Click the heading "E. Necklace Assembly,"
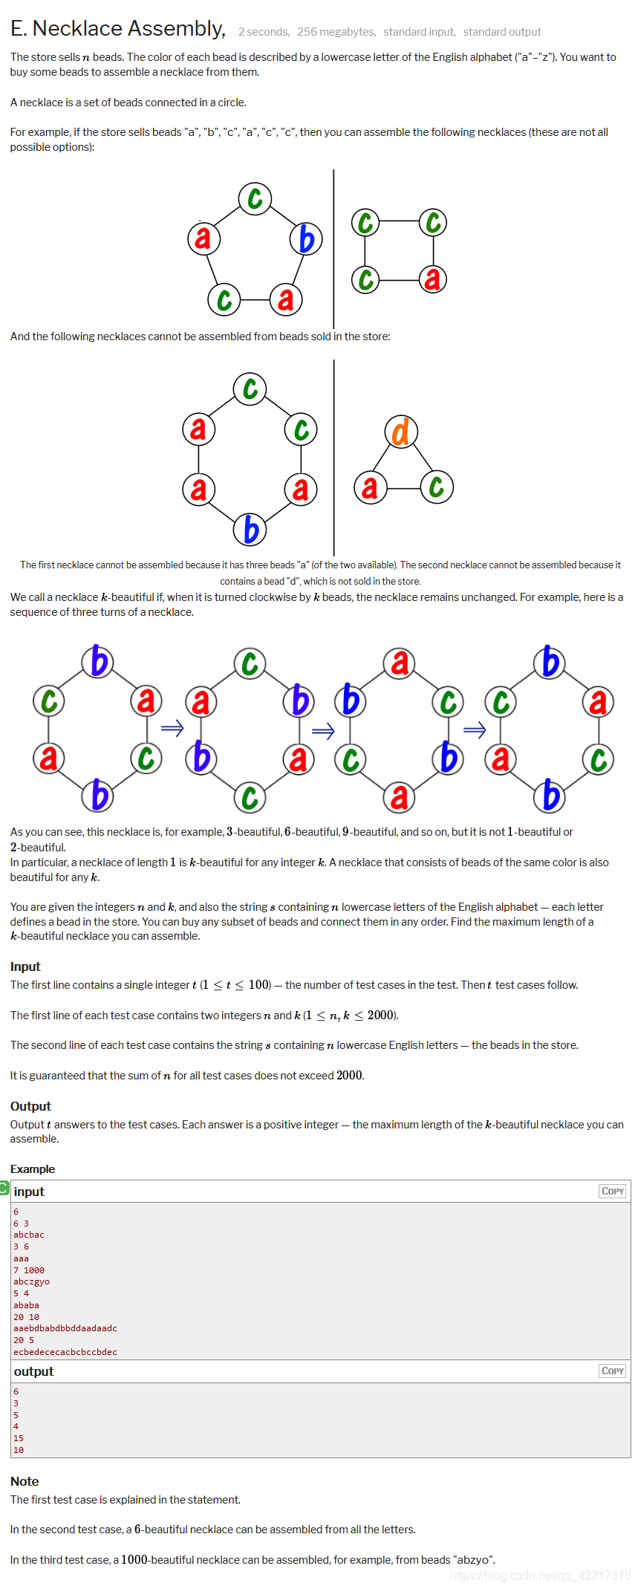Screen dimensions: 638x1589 point(117,29)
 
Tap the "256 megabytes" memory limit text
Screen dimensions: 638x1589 point(336,32)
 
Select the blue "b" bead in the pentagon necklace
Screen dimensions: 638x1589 point(306,239)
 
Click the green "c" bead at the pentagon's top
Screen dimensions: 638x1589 point(255,198)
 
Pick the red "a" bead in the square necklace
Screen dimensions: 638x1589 point(432,279)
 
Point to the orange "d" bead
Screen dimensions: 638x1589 point(401,432)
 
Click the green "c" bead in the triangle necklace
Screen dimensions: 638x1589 point(437,487)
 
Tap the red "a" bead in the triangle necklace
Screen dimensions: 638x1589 point(370,487)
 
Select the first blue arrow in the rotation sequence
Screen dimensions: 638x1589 point(172,728)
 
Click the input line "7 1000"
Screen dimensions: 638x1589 point(29,1270)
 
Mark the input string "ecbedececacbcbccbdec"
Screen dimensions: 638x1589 point(65,1352)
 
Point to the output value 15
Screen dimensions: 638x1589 point(19,1438)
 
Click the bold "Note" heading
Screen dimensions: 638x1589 point(25,1481)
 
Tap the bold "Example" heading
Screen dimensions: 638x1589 point(33,1169)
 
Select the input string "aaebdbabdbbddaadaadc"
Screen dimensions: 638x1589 point(65,1328)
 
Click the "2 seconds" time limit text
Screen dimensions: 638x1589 point(264,32)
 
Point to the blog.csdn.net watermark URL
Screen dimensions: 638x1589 point(540,1575)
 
